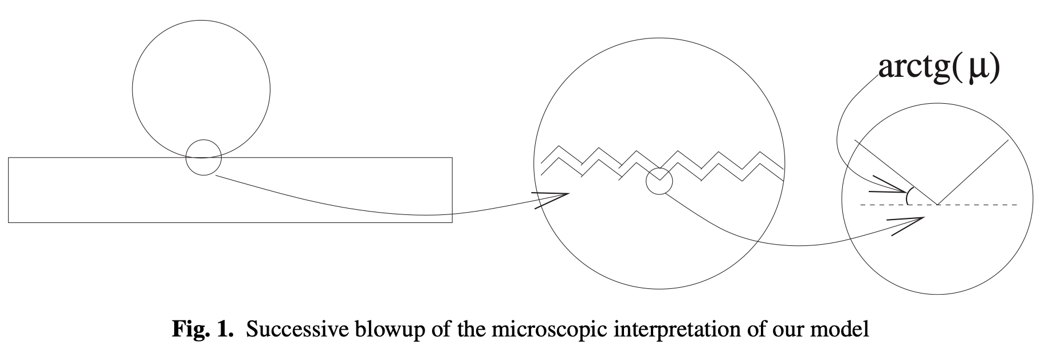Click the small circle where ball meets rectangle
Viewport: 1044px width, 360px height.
tap(203, 157)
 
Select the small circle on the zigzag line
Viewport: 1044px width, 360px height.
tap(659, 181)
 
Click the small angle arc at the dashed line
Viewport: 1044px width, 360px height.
tap(908, 197)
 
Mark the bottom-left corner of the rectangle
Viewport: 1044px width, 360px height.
tap(9, 222)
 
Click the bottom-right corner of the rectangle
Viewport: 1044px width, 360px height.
tap(452, 222)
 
